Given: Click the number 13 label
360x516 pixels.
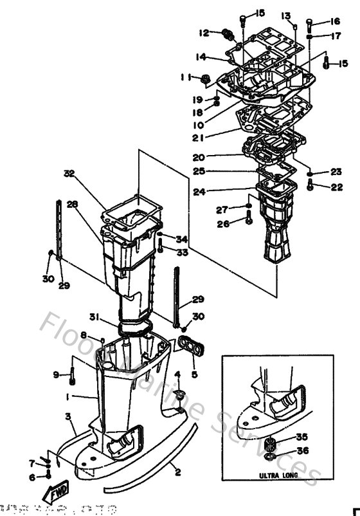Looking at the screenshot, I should point(285,15).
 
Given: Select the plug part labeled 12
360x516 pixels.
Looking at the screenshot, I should point(226,33).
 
